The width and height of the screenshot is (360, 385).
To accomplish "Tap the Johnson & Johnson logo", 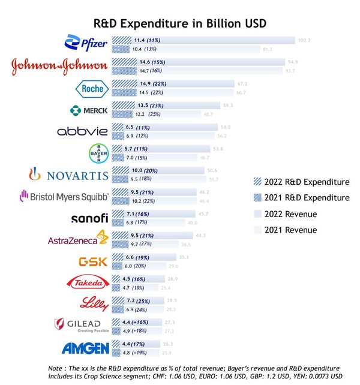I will (x=60, y=67).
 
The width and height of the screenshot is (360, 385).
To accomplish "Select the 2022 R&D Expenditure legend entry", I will (x=301, y=181).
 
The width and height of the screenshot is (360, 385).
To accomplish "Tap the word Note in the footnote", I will (x=57, y=367).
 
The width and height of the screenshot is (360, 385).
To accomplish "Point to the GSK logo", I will (x=93, y=262).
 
